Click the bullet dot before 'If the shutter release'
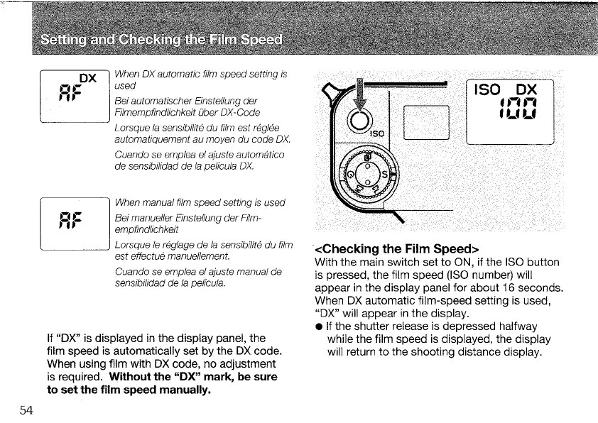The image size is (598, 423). [319, 327]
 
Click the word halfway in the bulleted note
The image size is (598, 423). [517, 326]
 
